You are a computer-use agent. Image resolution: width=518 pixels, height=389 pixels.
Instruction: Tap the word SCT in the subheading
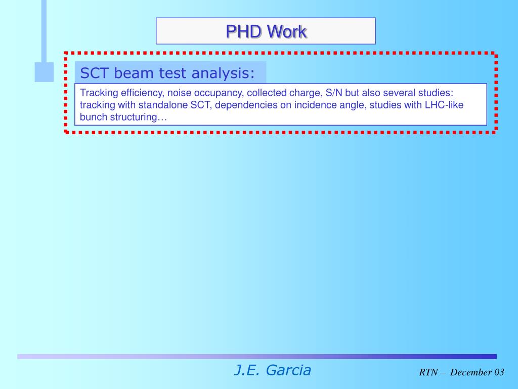[95, 73]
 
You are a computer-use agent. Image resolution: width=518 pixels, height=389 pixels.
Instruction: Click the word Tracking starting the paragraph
[99, 93]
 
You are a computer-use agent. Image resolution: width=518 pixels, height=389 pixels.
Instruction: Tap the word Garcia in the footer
[288, 370]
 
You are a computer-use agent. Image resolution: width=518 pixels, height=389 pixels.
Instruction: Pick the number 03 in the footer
[499, 373]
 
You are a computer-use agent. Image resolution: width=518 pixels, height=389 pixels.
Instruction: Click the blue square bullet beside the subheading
[44, 72]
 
